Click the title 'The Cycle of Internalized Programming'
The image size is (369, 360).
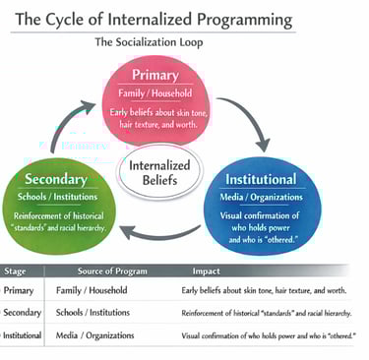click(x=154, y=20)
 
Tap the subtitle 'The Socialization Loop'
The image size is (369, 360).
click(x=149, y=42)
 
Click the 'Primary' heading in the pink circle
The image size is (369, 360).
click(x=155, y=75)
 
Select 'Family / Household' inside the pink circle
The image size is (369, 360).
click(x=155, y=93)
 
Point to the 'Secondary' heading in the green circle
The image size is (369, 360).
click(x=56, y=179)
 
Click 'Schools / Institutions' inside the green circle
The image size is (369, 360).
click(x=57, y=197)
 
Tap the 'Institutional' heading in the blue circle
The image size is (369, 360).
click(x=261, y=179)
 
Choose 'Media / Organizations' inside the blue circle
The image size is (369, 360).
click(x=261, y=197)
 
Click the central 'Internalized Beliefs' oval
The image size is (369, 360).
click(x=160, y=172)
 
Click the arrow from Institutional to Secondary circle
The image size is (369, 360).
click(x=159, y=234)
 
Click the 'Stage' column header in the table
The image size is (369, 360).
click(x=15, y=271)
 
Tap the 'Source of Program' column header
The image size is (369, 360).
click(x=112, y=271)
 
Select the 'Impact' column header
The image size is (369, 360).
click(x=206, y=271)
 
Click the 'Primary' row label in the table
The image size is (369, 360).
click(x=19, y=290)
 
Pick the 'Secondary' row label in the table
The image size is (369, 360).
click(x=22, y=313)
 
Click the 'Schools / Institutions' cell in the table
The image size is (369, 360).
click(x=92, y=313)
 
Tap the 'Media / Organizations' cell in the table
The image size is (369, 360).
click(x=94, y=335)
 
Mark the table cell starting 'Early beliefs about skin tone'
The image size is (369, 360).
click(x=264, y=290)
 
